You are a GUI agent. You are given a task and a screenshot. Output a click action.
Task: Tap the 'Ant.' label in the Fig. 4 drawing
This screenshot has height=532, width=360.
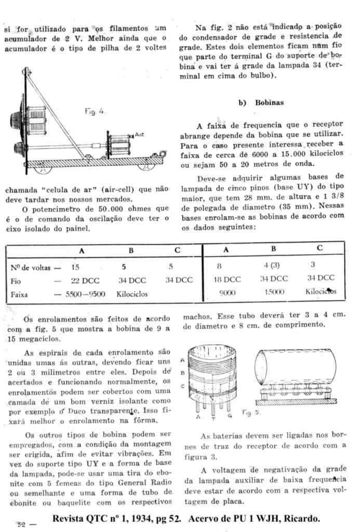point(139,135)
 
